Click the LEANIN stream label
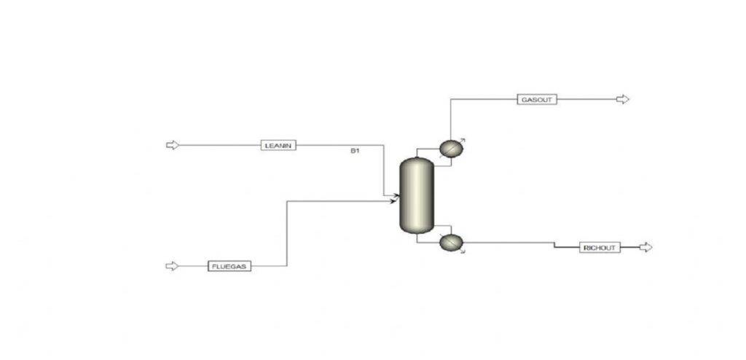pos(278,145)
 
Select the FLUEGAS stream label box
pos(229,266)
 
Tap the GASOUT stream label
pos(537,100)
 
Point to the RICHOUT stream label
pos(600,248)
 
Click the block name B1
pos(355,151)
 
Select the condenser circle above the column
pos(450,149)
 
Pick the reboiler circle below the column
pos(450,243)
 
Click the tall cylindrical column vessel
pos(417,196)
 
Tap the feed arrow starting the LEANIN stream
pos(173,145)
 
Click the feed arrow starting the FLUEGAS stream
pos(172,266)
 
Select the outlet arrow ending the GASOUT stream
pos(622,100)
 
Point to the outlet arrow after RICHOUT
pos(645,248)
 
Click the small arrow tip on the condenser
pos(463,139)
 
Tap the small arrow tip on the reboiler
pos(463,251)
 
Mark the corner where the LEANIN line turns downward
pos(383,145)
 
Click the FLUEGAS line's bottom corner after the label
pos(287,266)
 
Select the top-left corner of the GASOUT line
pos(450,100)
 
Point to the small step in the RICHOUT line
pos(554,245)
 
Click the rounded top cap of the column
pos(417,162)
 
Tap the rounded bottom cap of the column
pos(417,229)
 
